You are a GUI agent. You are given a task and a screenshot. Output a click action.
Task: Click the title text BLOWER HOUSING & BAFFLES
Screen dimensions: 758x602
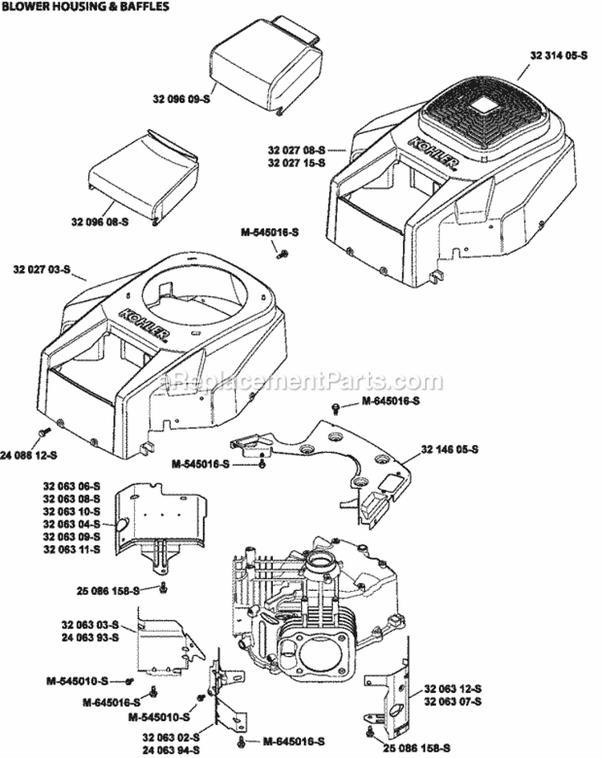pos(85,7)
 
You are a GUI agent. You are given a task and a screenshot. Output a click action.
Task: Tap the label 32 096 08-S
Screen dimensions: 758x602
pos(100,222)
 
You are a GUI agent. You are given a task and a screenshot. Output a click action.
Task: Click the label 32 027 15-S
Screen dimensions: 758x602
pos(296,162)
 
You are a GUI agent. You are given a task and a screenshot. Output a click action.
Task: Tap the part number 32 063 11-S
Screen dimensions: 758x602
pos(71,549)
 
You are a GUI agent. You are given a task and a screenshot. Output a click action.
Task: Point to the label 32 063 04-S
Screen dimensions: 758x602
pos(71,524)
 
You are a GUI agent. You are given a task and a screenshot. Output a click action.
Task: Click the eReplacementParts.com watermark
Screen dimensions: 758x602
pos(301,381)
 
